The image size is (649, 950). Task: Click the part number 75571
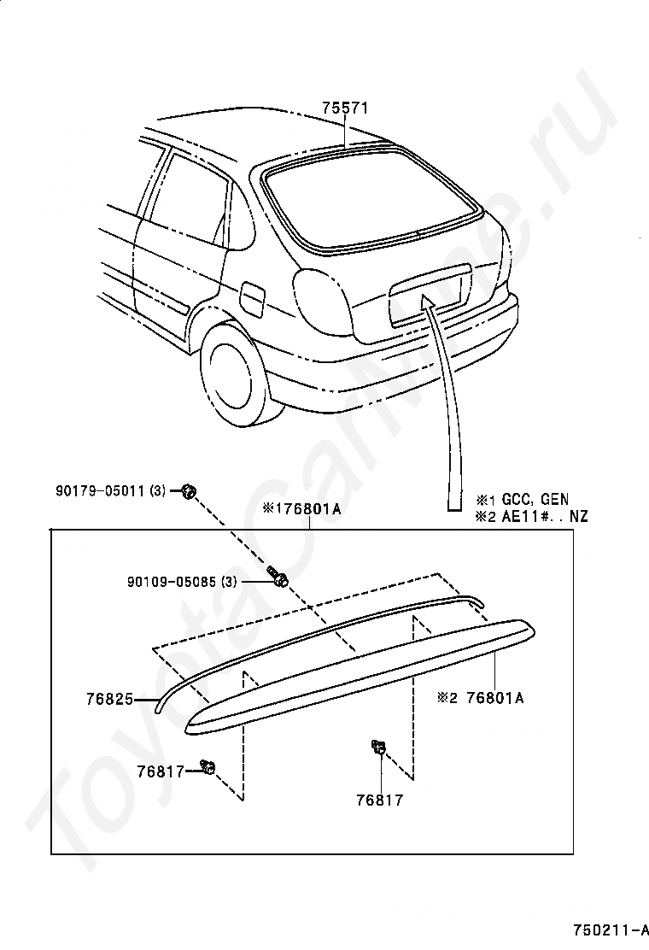[345, 108]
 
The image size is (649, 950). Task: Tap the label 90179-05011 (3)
[111, 491]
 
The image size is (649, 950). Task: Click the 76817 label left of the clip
[160, 771]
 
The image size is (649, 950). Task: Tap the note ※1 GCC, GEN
[523, 500]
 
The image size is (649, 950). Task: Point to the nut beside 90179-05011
[189, 491]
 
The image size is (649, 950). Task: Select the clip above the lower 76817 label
[378, 748]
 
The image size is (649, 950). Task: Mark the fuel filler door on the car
[254, 297]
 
